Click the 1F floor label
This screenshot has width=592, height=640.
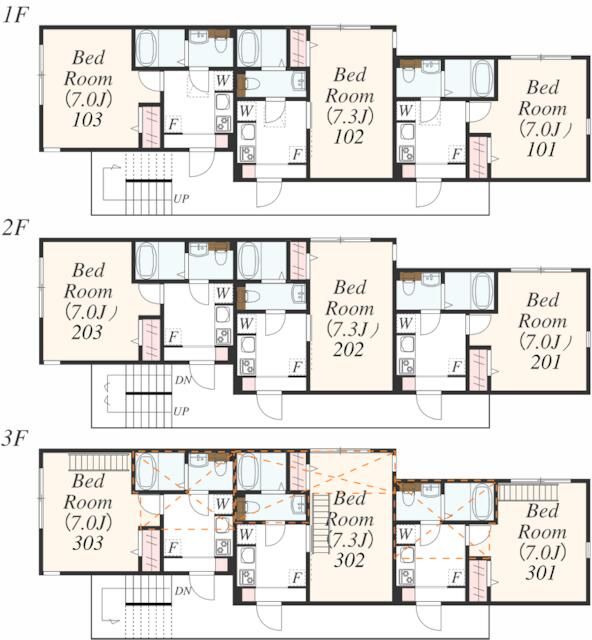pyautogui.click(x=16, y=16)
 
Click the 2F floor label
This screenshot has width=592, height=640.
pyautogui.click(x=14, y=229)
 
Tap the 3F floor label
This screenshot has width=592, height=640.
pyautogui.click(x=14, y=440)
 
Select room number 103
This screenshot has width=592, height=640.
pyautogui.click(x=87, y=120)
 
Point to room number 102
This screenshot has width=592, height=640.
pyautogui.click(x=349, y=137)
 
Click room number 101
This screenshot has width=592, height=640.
pyautogui.click(x=541, y=150)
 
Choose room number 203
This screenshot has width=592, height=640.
pyautogui.click(x=87, y=332)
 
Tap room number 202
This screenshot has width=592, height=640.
pyautogui.click(x=348, y=349)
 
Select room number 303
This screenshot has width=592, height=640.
pyautogui.click(x=87, y=543)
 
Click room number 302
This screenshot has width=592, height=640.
pyautogui.click(x=349, y=560)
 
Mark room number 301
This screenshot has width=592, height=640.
pyautogui.click(x=541, y=573)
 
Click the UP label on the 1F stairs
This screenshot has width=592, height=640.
pyautogui.click(x=181, y=199)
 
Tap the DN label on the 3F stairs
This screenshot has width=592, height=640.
pyautogui.click(x=183, y=591)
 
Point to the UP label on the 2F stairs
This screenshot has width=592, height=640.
pyautogui.click(x=181, y=411)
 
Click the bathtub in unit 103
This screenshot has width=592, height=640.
pyautogui.click(x=146, y=48)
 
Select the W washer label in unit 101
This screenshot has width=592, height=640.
pyautogui.click(x=405, y=110)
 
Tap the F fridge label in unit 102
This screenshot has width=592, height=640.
pyautogui.click(x=298, y=155)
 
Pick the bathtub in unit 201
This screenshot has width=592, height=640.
pyautogui.click(x=483, y=290)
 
